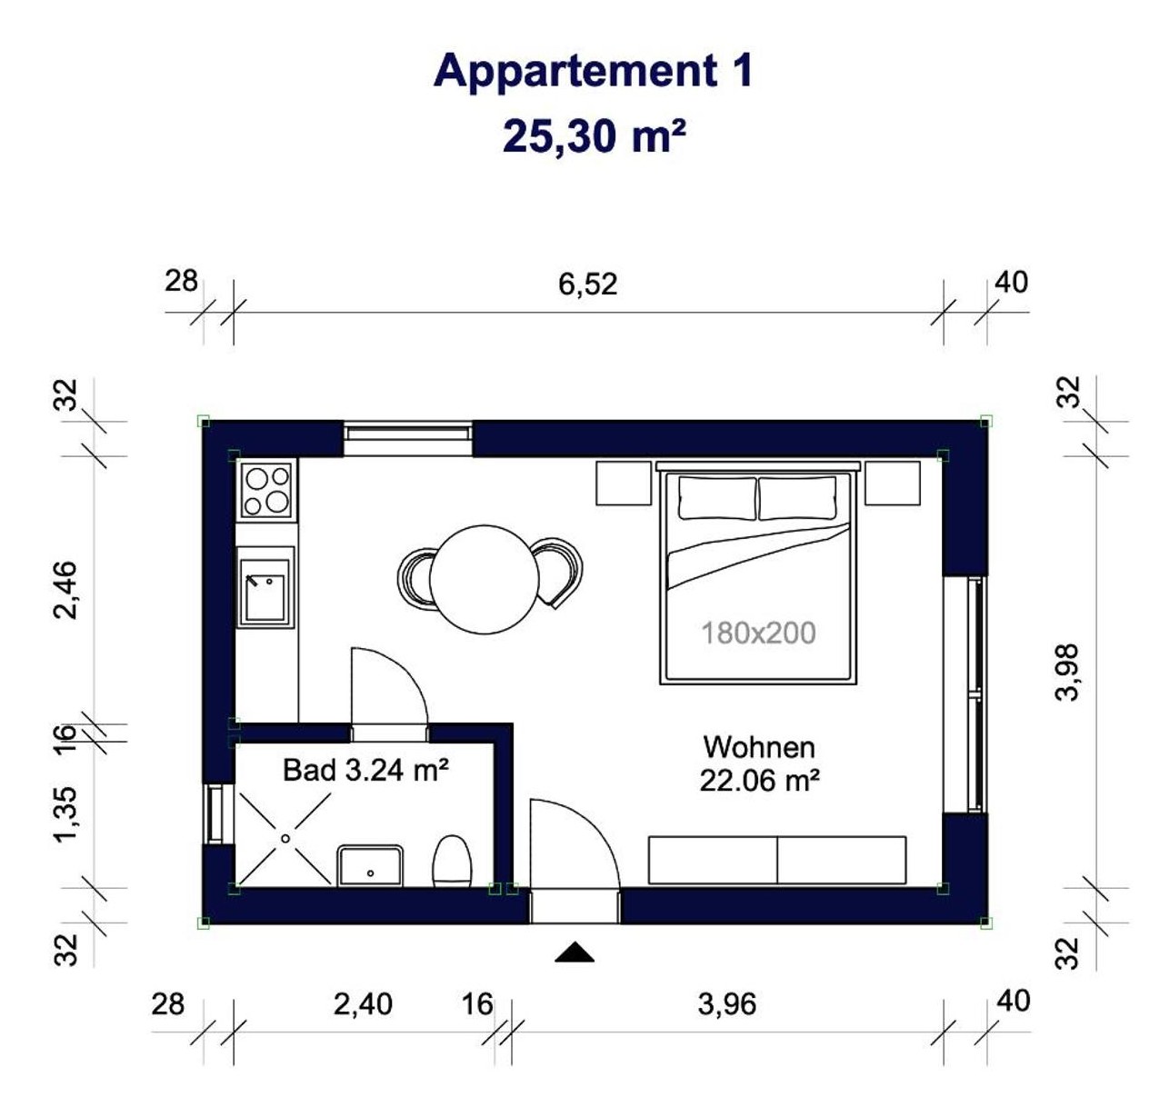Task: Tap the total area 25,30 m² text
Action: click(594, 136)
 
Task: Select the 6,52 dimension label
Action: click(587, 284)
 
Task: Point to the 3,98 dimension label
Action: click(1067, 672)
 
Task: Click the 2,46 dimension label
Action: click(65, 590)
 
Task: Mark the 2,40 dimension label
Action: click(363, 1004)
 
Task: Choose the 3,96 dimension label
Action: click(726, 1004)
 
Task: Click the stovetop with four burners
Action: click(266, 491)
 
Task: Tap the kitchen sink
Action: click(265, 590)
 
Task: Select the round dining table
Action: click(484, 579)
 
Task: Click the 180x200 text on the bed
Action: click(758, 633)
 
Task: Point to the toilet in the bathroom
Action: click(452, 861)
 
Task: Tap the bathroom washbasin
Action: click(370, 865)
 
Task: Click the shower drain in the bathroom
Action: click(285, 838)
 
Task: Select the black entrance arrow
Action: click(574, 952)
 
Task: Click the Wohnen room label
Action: click(759, 747)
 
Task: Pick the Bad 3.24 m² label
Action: click(365, 770)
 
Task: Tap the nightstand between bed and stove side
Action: click(624, 483)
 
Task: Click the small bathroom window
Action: click(213, 814)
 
